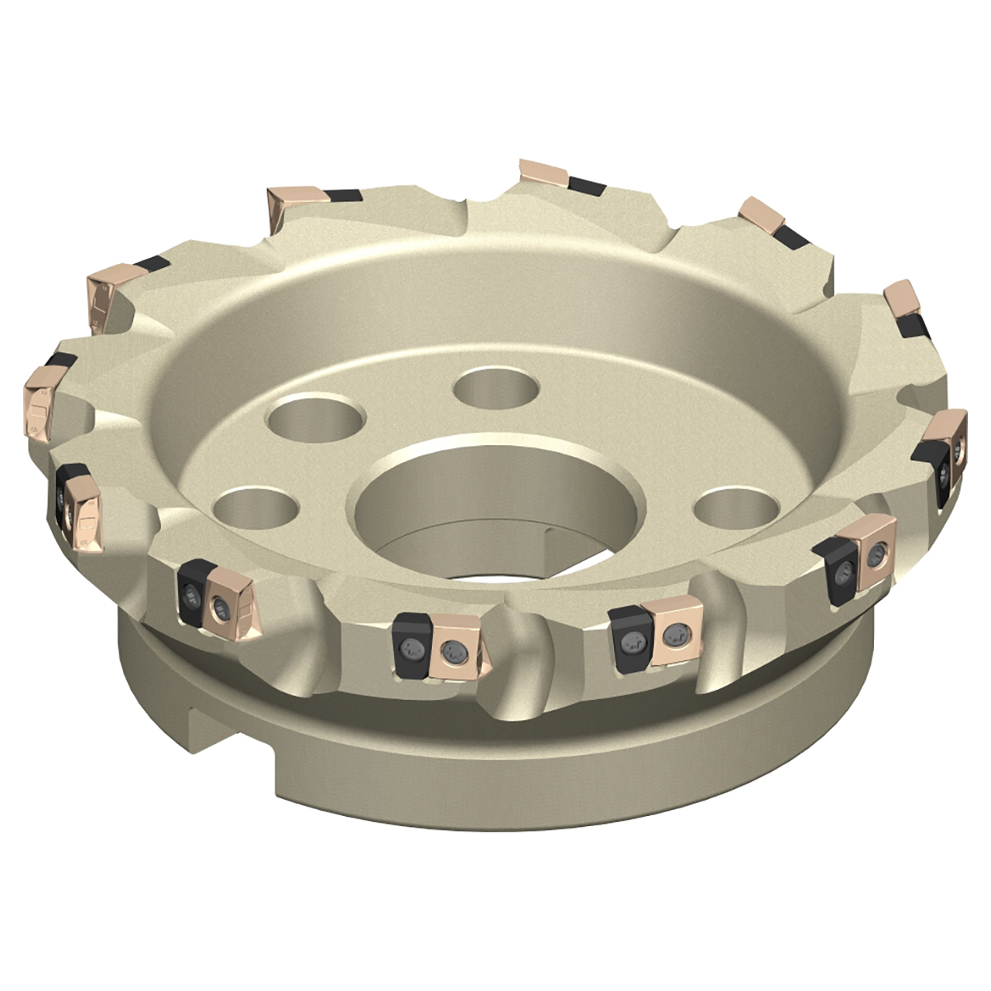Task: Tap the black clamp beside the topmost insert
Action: click(588, 186)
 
